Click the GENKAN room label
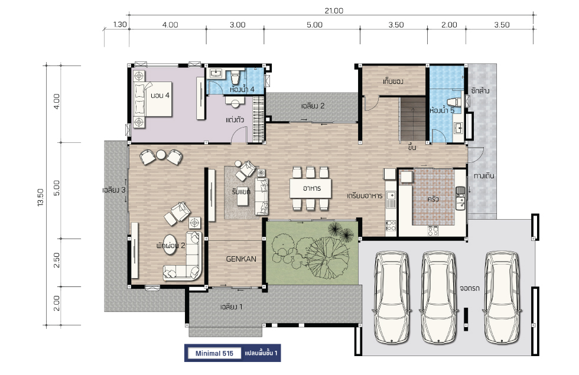coord(241,259)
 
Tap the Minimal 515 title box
coord(214,353)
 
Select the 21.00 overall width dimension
coord(334,11)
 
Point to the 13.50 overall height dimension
coord(40,197)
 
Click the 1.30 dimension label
coord(119,25)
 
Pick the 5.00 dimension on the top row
coord(314,25)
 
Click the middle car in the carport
coord(438,297)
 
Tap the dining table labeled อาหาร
coord(310,188)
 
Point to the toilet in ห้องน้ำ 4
coord(235,78)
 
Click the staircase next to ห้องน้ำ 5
coord(412,119)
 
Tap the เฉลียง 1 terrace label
coord(231,306)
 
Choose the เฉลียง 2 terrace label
coord(313,106)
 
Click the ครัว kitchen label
coord(433,199)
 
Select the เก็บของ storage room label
coord(393,81)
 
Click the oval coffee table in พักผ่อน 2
coord(170,244)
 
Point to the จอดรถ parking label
coord(470,288)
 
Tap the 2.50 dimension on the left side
coord(56,260)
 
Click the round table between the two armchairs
coord(161,155)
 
